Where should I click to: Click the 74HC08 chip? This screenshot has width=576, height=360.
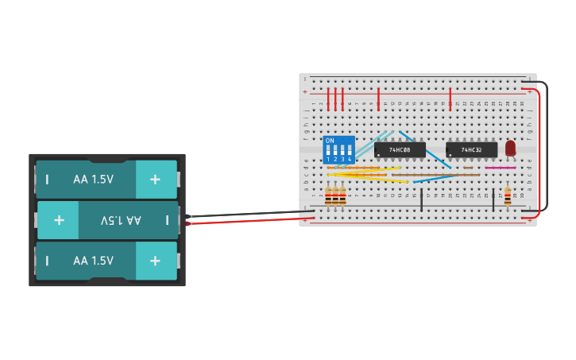tap(400, 149)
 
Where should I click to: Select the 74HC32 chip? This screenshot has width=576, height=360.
tap(471, 149)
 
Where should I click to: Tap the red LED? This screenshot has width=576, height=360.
tap(510, 148)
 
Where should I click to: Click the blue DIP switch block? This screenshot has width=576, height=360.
tap(338, 149)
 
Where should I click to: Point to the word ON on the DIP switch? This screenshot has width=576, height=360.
tap(330, 141)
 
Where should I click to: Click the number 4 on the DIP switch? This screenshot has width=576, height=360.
tap(349, 160)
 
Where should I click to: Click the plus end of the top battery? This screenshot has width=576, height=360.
tap(156, 180)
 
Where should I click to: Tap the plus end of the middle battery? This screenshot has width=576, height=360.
tap(59, 220)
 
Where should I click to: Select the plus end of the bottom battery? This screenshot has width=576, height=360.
tap(156, 261)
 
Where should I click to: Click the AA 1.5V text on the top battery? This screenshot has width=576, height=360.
tap(94, 180)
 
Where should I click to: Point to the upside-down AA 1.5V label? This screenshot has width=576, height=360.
tap(121, 220)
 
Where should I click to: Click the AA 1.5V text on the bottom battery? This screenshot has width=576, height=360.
tap(94, 261)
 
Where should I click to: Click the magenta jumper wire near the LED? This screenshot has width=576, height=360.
tap(500, 168)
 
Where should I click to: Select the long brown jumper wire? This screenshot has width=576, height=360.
tap(435, 175)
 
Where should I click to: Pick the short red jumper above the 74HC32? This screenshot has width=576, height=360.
tap(450, 99)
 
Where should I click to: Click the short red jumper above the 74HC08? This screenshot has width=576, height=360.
tap(378, 99)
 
